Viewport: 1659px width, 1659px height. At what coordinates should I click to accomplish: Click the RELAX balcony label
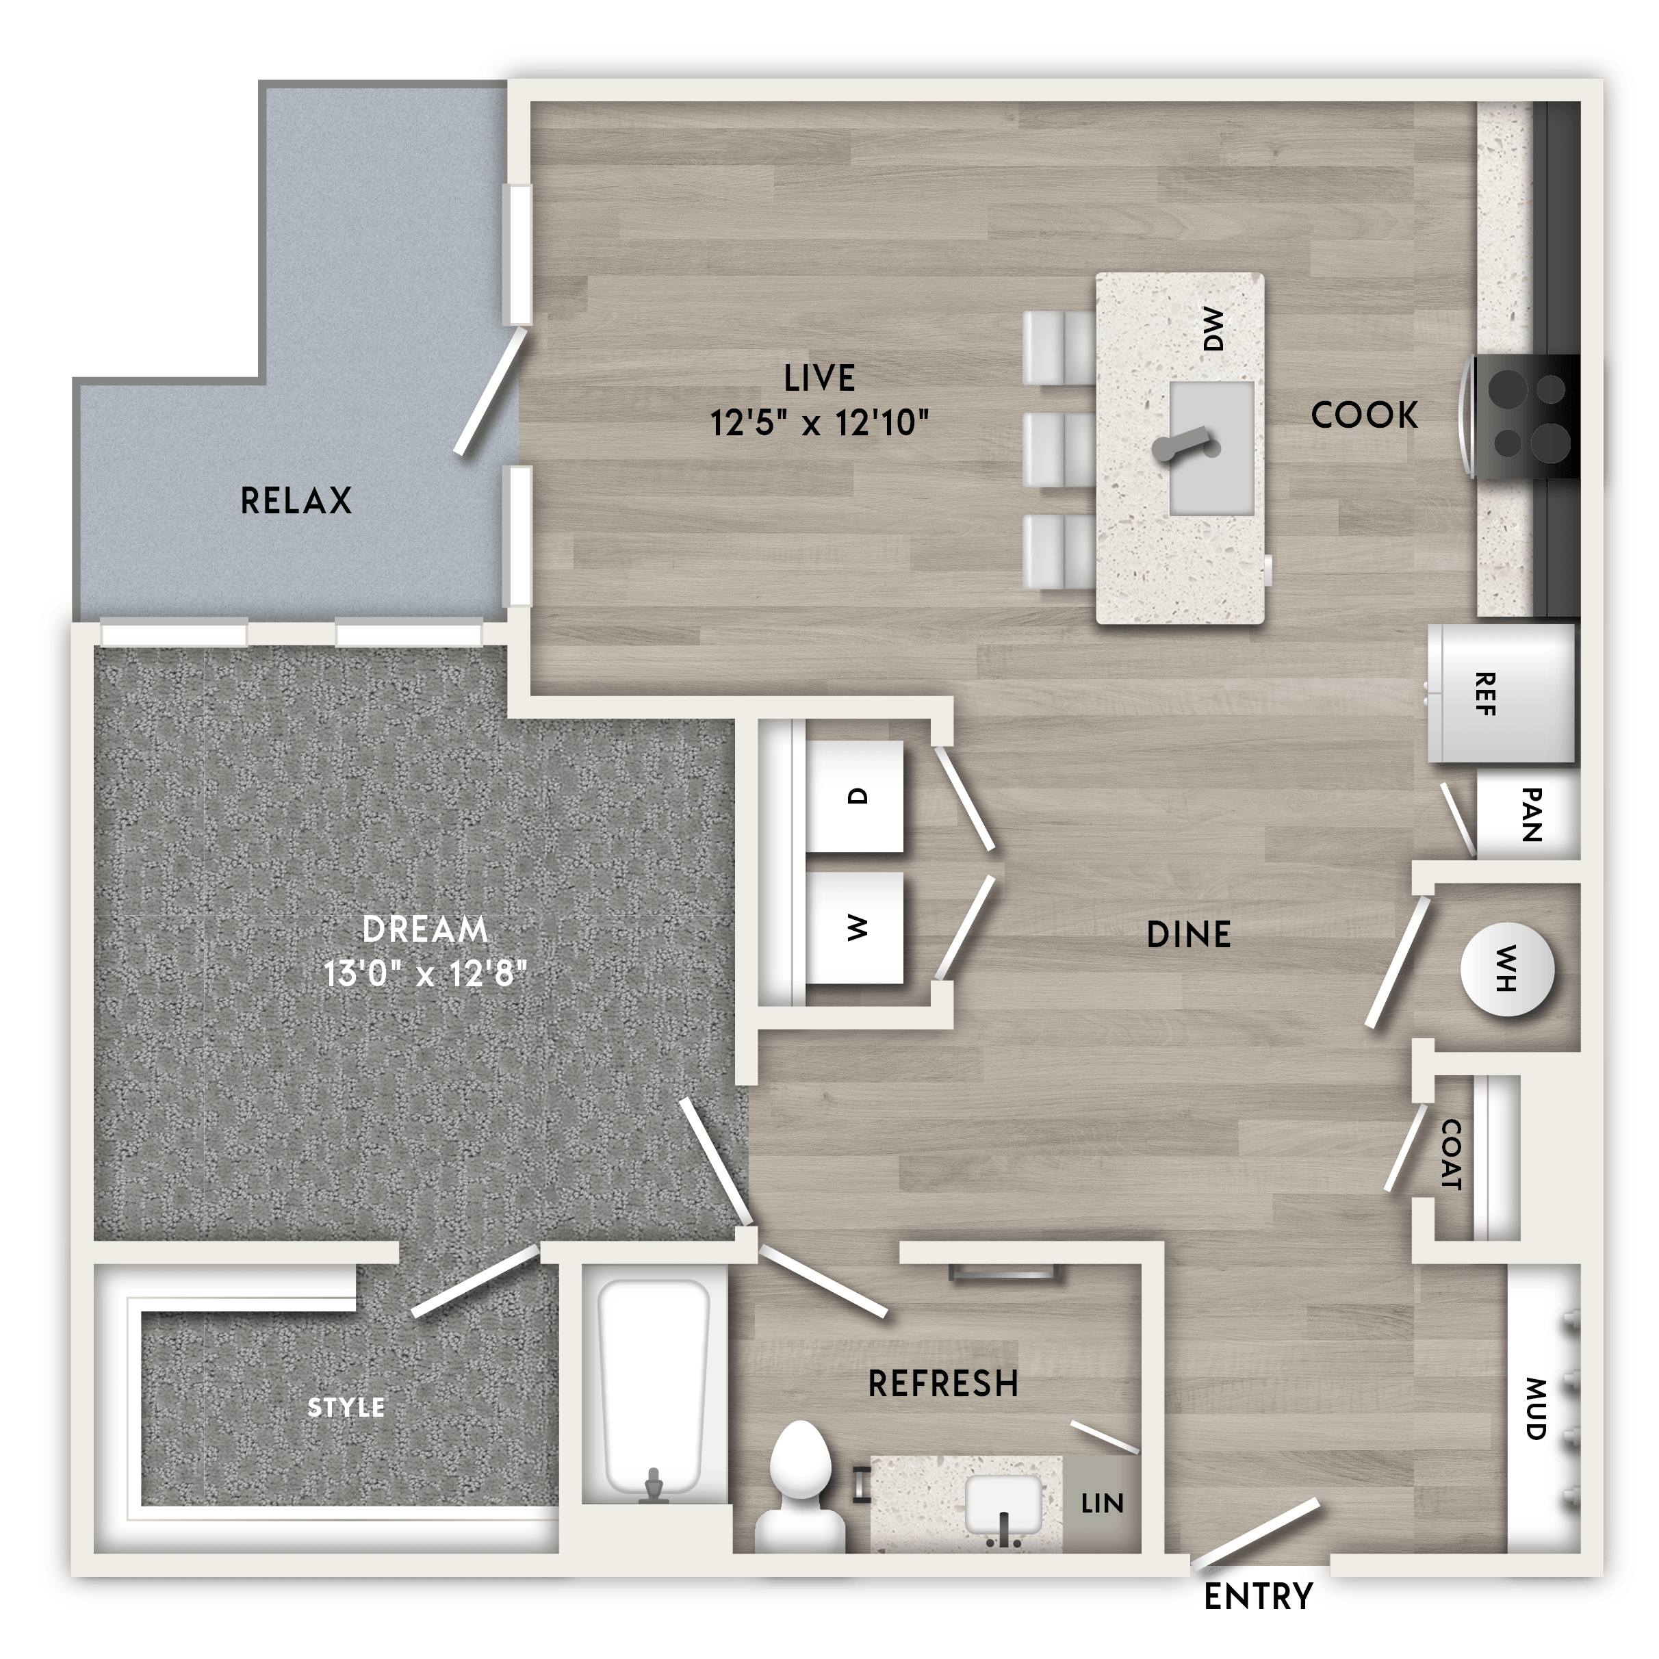[296, 500]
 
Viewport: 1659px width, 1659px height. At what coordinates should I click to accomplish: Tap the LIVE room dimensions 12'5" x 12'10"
[820, 422]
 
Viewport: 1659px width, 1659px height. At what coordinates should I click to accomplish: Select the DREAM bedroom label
[425, 929]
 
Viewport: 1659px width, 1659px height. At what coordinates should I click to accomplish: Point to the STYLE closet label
[346, 1407]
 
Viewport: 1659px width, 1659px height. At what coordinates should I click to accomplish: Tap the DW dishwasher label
[1213, 329]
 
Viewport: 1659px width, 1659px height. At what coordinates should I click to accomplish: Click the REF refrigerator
[1501, 694]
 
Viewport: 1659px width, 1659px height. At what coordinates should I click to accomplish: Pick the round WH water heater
[1507, 970]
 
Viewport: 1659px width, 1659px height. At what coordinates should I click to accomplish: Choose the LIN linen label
[1103, 1504]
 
